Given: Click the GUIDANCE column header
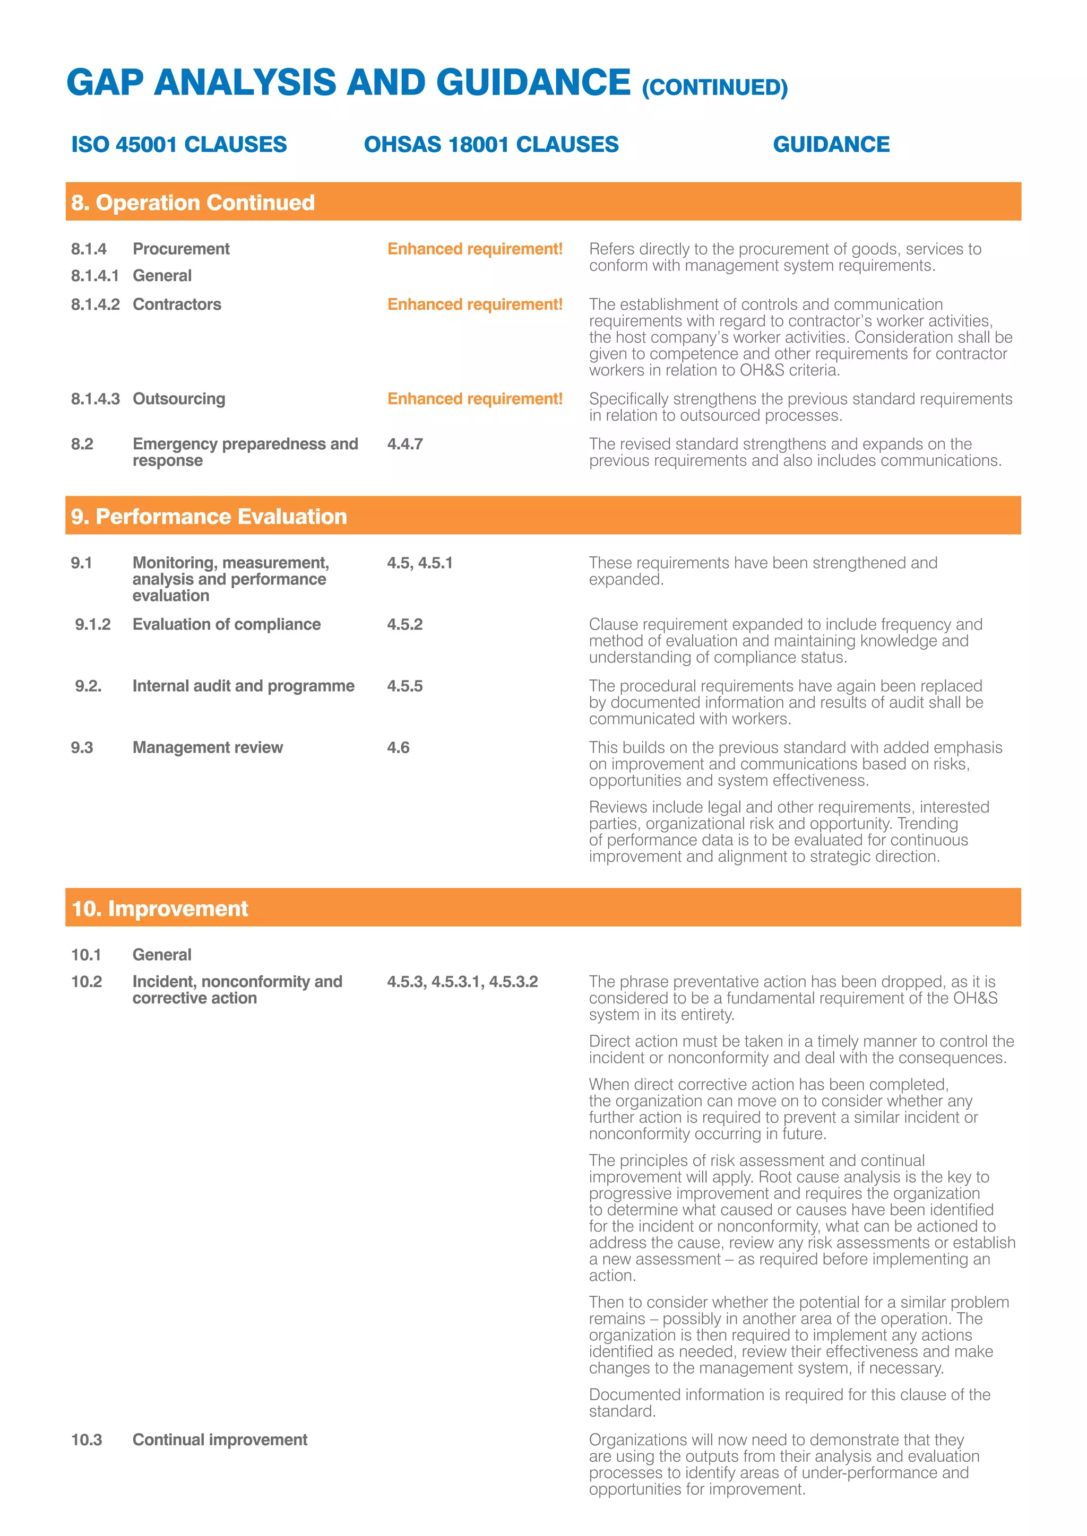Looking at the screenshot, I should (x=831, y=144).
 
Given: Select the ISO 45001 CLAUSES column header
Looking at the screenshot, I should (x=179, y=144).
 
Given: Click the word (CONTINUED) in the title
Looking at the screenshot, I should (x=714, y=88).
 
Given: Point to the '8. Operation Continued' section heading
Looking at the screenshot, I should (x=193, y=203).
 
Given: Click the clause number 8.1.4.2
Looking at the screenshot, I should (x=95, y=304).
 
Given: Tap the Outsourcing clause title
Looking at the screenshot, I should (x=179, y=399).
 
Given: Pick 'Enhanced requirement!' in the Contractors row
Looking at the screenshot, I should (x=475, y=304).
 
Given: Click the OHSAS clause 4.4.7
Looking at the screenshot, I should (x=404, y=444).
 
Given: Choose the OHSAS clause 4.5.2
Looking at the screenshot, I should (x=404, y=624).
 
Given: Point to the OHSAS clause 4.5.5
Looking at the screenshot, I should (x=404, y=686).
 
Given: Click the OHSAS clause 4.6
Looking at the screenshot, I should (x=398, y=747).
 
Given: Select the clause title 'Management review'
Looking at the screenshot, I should (x=208, y=747).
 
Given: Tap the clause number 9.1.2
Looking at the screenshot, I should (x=92, y=624).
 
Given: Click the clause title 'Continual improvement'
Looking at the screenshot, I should (x=220, y=1439).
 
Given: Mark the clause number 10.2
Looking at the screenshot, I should (x=87, y=981).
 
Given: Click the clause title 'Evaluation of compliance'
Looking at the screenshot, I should (x=226, y=624).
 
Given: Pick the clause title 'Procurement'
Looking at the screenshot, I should (x=180, y=249).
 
